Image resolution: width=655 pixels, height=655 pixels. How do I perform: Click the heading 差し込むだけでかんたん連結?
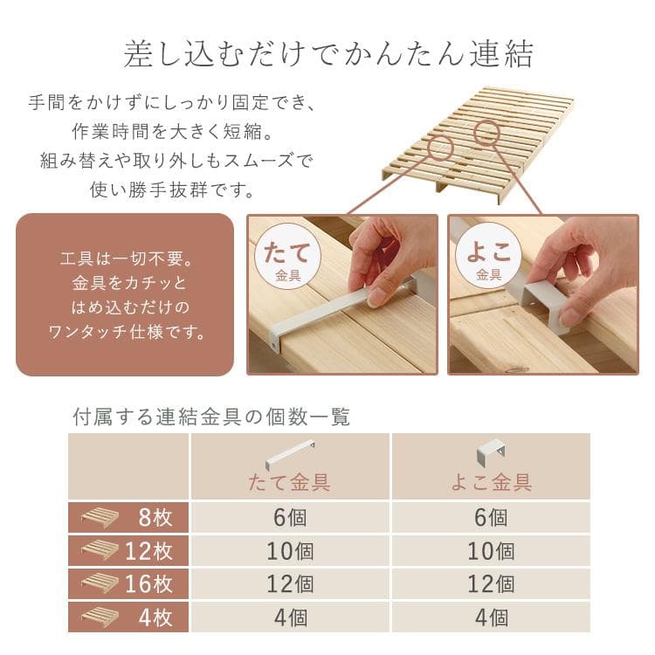click(x=328, y=54)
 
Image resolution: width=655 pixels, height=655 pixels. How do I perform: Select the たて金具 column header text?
click(x=290, y=482)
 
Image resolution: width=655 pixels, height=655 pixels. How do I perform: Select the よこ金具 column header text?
click(x=491, y=482)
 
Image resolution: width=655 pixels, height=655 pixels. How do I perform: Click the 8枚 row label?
click(x=155, y=517)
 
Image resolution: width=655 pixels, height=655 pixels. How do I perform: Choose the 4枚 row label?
click(x=155, y=617)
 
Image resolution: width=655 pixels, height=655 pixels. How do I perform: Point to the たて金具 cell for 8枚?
click(x=290, y=517)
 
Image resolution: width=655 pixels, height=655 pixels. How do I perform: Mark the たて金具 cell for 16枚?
click(x=290, y=583)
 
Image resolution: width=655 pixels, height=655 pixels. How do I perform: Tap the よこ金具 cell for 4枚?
click(x=491, y=617)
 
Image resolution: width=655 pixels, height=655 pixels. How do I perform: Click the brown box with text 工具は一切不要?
click(x=125, y=294)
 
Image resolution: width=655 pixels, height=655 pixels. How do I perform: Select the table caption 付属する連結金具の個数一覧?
click(x=210, y=417)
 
